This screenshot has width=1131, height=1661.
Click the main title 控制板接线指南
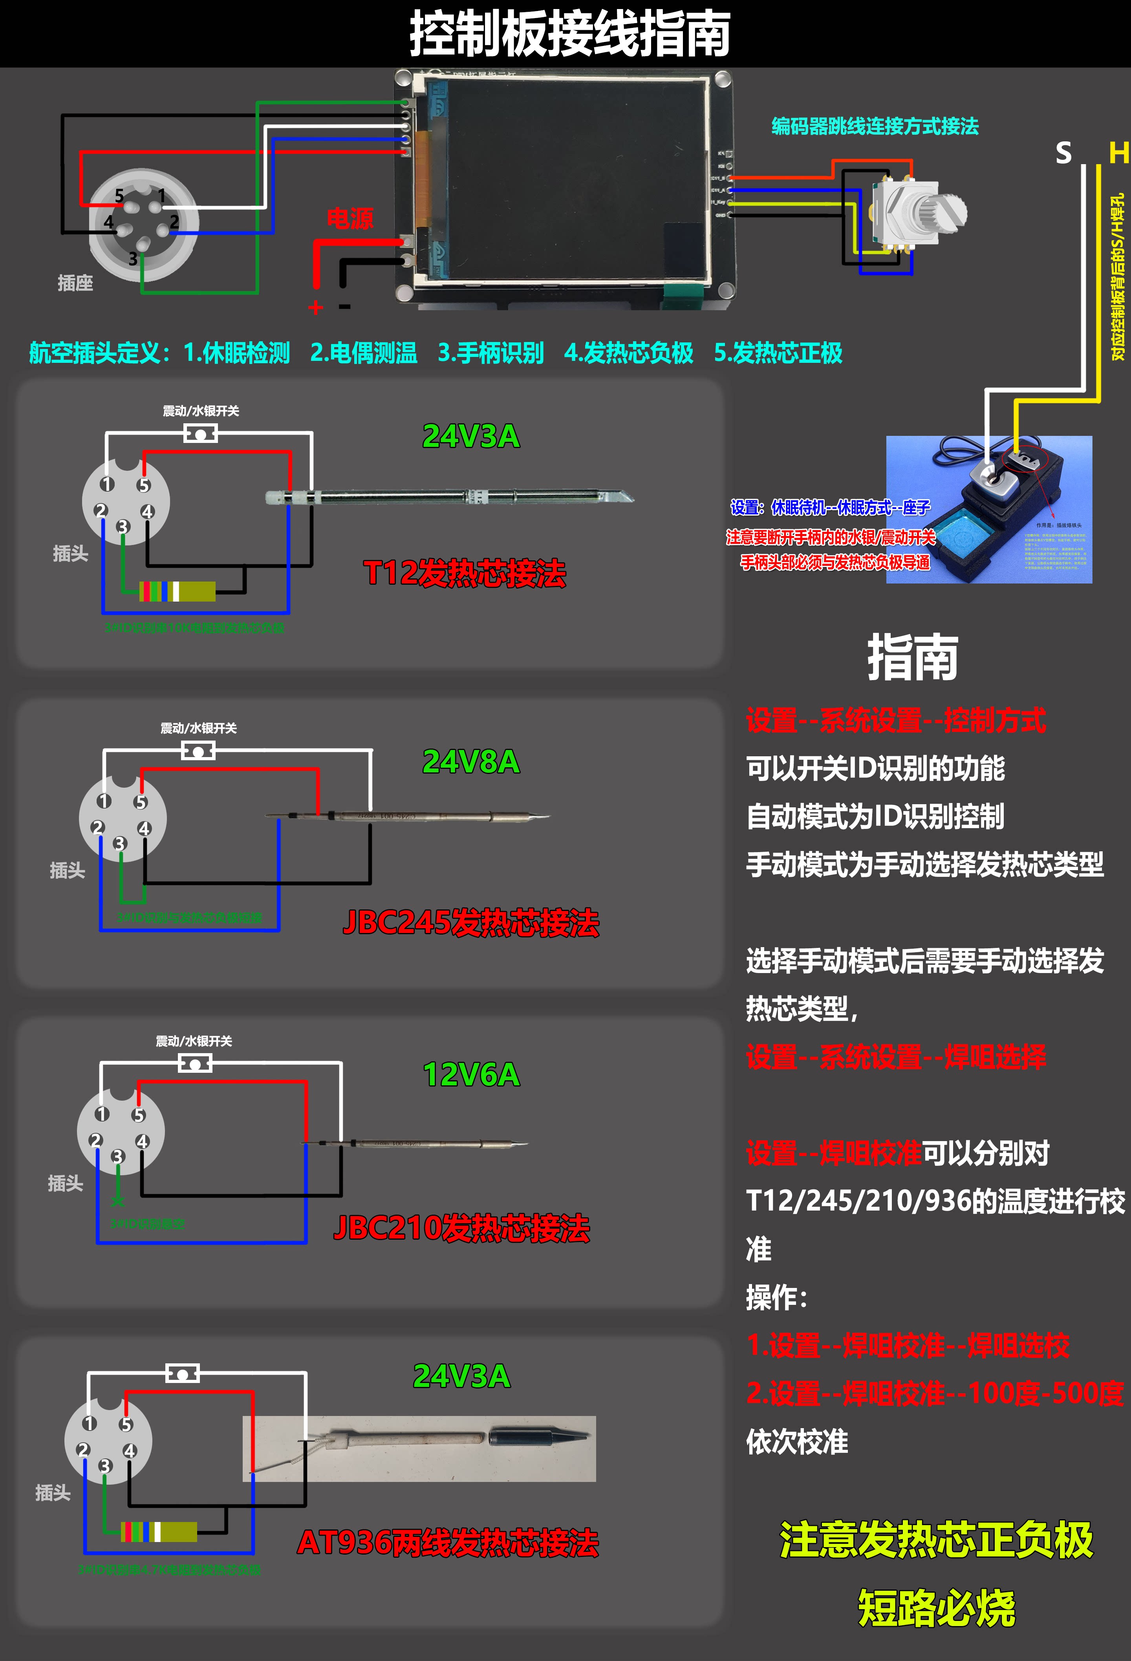[x=569, y=34]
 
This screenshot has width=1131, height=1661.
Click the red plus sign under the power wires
[x=315, y=307]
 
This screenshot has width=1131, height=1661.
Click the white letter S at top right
[x=1064, y=153]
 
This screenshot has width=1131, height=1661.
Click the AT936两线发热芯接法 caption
[x=448, y=1542]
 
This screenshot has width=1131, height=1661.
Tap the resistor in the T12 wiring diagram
[x=177, y=591]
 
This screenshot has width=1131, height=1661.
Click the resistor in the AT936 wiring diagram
[x=159, y=1532]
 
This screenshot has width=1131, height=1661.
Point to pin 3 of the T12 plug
[x=123, y=527]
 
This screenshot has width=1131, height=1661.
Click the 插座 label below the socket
[x=75, y=283]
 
